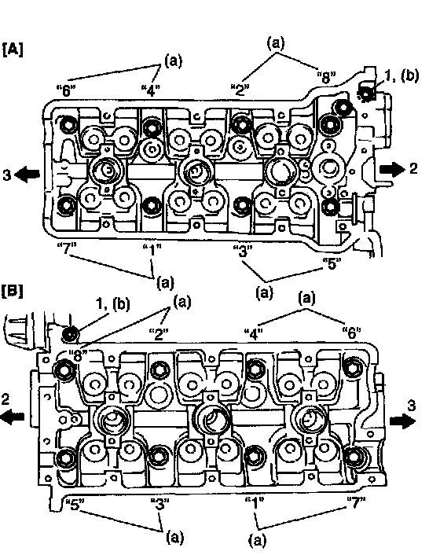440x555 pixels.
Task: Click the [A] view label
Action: click(x=13, y=50)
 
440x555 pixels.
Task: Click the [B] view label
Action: click(x=13, y=291)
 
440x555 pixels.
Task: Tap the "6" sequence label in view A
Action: click(x=66, y=91)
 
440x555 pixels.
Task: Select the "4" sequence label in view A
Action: click(x=151, y=90)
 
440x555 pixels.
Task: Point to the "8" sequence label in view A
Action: click(x=326, y=77)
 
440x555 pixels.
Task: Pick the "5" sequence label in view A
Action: click(x=332, y=263)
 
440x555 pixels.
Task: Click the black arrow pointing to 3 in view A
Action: click(x=28, y=175)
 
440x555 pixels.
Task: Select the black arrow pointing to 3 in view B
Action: click(x=402, y=421)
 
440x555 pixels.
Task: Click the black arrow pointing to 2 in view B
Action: click(x=13, y=417)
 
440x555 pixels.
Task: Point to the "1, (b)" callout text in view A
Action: click(x=401, y=75)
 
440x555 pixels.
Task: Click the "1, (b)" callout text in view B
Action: click(x=113, y=304)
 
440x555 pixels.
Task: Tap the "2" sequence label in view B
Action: click(x=158, y=333)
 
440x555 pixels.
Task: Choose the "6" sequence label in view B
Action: click(x=351, y=333)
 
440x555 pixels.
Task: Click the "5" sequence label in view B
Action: click(x=74, y=504)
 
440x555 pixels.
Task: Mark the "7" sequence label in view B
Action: click(x=356, y=502)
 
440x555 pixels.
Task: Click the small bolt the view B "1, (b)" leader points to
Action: click(x=71, y=334)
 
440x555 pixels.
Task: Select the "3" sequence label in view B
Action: click(x=159, y=503)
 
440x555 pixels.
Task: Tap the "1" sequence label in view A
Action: click(x=152, y=250)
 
